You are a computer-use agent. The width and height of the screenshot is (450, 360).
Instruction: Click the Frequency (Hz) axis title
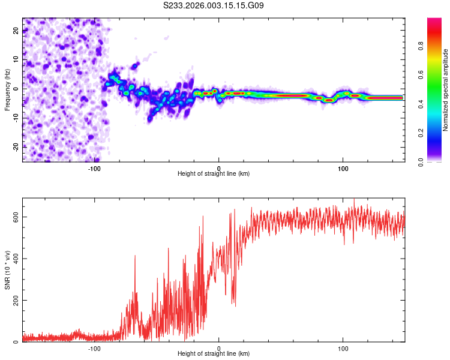coord(7,90)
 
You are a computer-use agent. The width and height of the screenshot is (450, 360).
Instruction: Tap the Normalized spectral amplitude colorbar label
coord(446,90)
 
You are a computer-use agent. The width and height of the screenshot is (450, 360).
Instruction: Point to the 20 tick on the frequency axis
coord(15,32)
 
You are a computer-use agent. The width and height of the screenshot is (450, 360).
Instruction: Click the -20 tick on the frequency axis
coord(15,146)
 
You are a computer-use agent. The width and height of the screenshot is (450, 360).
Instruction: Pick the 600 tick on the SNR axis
coord(15,217)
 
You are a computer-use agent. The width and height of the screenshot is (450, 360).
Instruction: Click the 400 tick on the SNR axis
coord(15,259)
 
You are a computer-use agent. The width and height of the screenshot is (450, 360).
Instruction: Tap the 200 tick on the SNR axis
coord(15,300)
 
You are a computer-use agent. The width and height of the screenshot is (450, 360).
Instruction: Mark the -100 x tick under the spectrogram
coord(94,169)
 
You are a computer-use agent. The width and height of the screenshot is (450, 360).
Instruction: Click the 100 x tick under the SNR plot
coord(343,349)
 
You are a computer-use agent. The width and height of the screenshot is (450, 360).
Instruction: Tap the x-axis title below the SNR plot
coord(214,355)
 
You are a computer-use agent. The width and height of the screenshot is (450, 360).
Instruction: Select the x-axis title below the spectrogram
coord(214,174)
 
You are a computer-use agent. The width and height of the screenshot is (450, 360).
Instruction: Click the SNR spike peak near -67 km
coord(135,256)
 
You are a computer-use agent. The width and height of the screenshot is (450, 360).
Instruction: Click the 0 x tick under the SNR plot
coord(219,349)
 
